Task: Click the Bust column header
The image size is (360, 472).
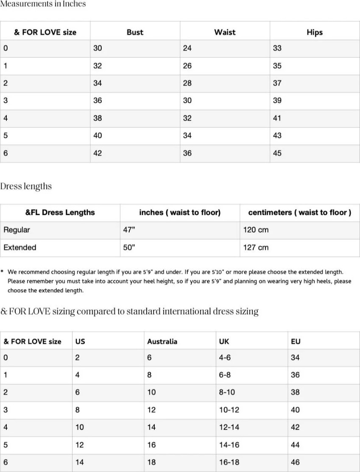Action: point(135,32)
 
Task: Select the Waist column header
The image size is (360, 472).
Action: point(225,32)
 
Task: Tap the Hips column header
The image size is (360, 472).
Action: point(314,32)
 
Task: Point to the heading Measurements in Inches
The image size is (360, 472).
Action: point(43,4)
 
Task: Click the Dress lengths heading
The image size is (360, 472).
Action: point(26,186)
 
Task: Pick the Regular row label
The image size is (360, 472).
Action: point(17,230)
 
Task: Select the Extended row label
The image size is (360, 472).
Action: point(20,247)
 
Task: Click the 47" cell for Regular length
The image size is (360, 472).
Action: point(129,230)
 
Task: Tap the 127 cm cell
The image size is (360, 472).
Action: point(256,247)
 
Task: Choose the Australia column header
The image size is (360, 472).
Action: point(162,342)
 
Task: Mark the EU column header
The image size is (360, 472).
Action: point(296,342)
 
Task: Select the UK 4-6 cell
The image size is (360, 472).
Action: point(225,358)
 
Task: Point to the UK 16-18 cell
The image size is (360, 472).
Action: point(229,463)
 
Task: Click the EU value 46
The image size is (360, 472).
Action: point(295,463)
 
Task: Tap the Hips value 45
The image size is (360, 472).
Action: point(277,154)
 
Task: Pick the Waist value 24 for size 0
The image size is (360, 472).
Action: point(187,48)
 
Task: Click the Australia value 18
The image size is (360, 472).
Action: point(151,463)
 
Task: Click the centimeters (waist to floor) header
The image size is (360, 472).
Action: point(299,213)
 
